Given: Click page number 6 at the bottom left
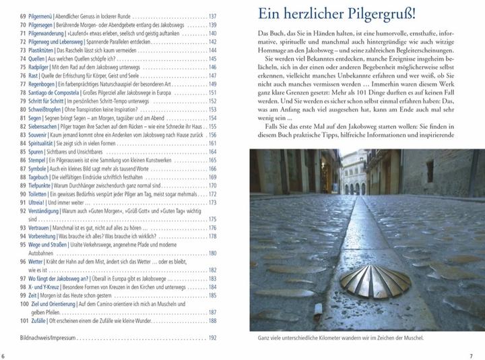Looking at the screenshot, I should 4,355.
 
